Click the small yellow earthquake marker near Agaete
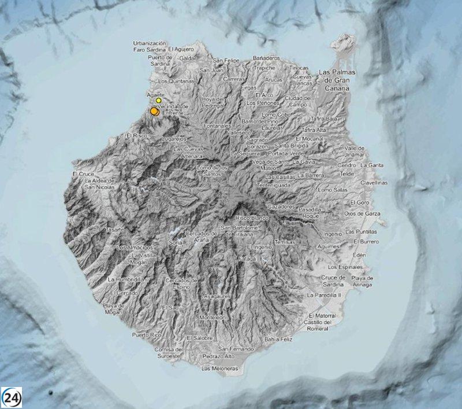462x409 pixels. [x=159, y=100]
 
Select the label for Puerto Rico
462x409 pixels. [x=144, y=334]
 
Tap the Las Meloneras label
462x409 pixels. [x=220, y=368]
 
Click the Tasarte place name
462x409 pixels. [x=113, y=230]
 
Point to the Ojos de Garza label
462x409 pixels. [x=361, y=214]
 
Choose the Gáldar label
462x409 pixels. [x=188, y=58]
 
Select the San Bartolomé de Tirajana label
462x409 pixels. [x=243, y=230]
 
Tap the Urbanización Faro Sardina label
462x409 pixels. [x=150, y=46]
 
